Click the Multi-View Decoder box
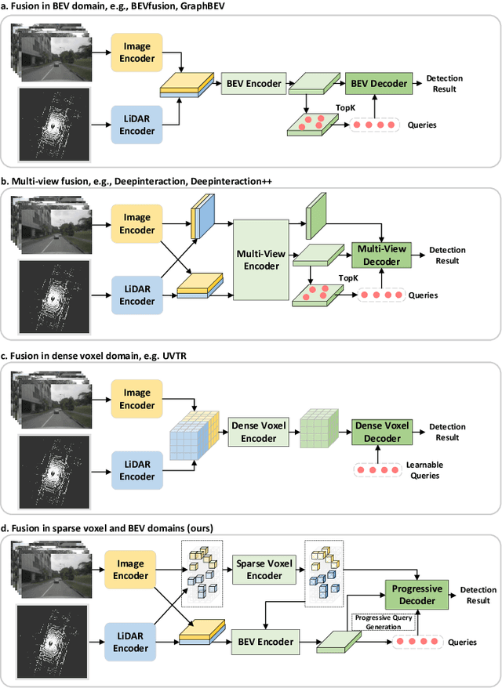click(380, 255)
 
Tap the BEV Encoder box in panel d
click(265, 642)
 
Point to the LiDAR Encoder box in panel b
click(137, 295)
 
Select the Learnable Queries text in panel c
click(424, 469)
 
